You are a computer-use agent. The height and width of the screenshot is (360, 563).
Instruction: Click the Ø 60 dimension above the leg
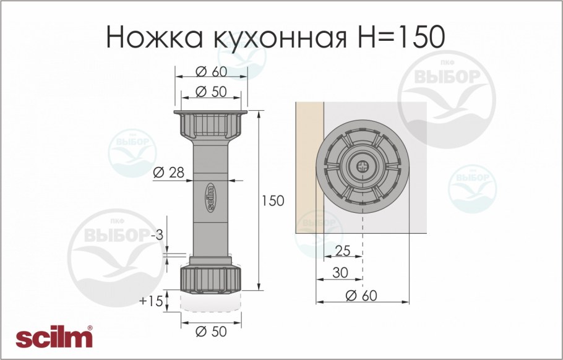click(211, 71)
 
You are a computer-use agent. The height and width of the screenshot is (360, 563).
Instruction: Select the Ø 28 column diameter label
click(168, 173)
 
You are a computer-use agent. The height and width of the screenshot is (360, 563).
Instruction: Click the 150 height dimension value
click(272, 201)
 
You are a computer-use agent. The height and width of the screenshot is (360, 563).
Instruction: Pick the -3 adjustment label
click(159, 235)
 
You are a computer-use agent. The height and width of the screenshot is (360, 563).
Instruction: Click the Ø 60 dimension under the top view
click(362, 296)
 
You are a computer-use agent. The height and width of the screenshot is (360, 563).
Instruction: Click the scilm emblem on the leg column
click(210, 198)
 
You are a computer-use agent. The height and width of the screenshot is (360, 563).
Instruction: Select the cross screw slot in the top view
click(362, 166)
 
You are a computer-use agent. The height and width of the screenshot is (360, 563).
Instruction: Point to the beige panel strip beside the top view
click(309, 167)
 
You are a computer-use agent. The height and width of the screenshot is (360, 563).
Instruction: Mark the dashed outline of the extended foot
click(211, 303)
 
